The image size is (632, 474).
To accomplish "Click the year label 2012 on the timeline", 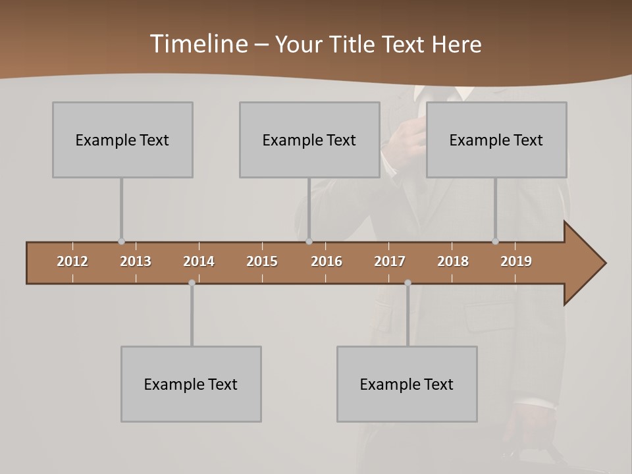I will (x=72, y=261).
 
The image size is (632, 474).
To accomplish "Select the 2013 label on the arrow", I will (x=136, y=261).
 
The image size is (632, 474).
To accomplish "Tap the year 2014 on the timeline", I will (x=199, y=261).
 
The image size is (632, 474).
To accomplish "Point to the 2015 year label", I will (x=262, y=261).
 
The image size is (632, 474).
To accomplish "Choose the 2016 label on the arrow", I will (x=327, y=261).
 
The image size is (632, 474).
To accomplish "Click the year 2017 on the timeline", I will (x=390, y=261).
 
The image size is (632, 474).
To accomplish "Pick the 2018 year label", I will (x=453, y=261).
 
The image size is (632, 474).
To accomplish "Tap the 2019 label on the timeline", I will (x=516, y=261).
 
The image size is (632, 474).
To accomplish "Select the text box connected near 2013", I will (x=122, y=140).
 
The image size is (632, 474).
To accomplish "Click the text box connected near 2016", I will (x=309, y=140).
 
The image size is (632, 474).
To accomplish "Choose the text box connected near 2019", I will (x=496, y=140).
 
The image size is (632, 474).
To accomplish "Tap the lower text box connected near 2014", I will (x=191, y=384).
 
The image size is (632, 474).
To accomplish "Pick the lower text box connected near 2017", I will (x=407, y=384).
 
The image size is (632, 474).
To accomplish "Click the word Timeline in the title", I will (x=198, y=44).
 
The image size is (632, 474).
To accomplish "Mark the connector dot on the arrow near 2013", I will (x=121, y=242).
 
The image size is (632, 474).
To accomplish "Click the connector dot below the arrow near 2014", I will (x=192, y=283).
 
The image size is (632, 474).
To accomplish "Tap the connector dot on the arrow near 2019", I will (x=495, y=242).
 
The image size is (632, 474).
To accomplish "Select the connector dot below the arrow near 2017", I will (x=408, y=283).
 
